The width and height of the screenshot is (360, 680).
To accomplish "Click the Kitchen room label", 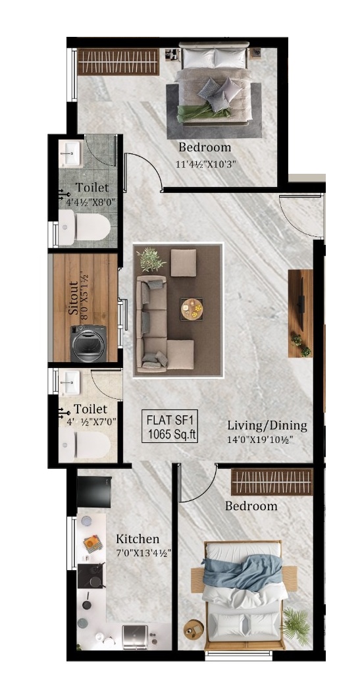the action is (138, 539).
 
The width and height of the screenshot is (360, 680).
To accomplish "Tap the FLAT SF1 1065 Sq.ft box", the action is (170, 427).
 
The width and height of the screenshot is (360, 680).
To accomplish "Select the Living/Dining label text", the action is (267, 425).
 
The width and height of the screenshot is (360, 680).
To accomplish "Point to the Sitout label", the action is (73, 298).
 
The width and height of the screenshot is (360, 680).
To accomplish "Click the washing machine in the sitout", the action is (88, 344).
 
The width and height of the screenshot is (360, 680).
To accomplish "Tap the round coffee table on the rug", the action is (192, 309).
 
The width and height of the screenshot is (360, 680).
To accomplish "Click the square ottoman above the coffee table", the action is (183, 263).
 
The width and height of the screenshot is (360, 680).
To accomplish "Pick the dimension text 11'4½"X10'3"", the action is (207, 165).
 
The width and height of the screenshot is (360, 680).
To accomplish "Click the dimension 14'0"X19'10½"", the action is (260, 439).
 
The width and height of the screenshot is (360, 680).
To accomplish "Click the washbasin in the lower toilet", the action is (69, 382).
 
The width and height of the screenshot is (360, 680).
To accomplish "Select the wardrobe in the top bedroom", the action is (118, 62).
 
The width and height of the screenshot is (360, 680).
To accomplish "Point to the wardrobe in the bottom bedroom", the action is (272, 481).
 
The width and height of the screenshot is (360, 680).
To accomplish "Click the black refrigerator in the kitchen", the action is (94, 492).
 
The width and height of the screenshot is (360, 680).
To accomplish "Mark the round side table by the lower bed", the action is (193, 628).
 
